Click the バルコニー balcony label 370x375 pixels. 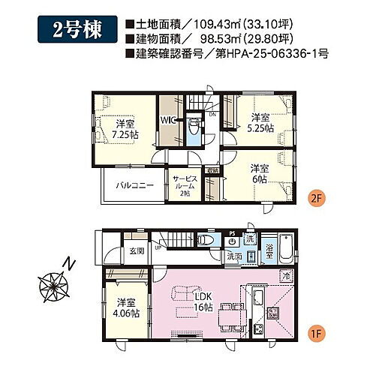pyautogui.click(x=131, y=184)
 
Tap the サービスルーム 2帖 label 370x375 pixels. pyautogui.click(x=185, y=184)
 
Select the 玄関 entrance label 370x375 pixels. pyautogui.click(x=136, y=250)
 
